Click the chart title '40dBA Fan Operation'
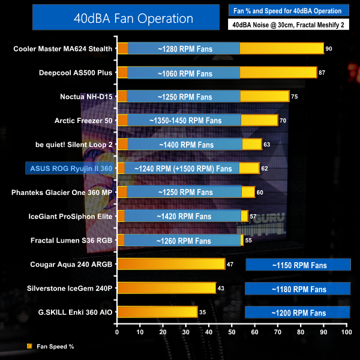(114, 17)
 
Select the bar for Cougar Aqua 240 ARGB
(171, 264)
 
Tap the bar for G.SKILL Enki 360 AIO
(157, 312)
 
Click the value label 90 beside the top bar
(329, 49)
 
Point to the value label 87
(322, 73)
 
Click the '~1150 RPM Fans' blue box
(298, 265)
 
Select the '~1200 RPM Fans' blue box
(298, 313)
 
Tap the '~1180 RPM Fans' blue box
(298, 289)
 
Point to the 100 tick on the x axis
(346, 331)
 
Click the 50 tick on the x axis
(232, 331)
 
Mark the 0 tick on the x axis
(118, 331)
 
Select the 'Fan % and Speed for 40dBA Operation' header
(289, 10)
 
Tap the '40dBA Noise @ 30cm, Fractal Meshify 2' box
(289, 24)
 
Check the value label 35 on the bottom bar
(204, 313)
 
